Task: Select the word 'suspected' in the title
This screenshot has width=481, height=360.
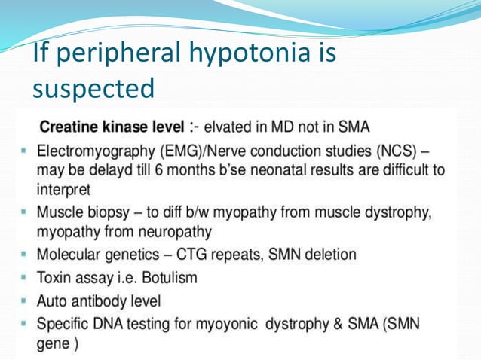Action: [93, 89]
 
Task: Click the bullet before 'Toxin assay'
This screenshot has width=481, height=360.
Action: [25, 278]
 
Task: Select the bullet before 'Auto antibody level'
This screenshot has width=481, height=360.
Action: [25, 301]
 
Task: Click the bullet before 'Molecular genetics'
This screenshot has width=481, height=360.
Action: [25, 255]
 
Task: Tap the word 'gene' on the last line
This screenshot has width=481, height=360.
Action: [52, 343]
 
